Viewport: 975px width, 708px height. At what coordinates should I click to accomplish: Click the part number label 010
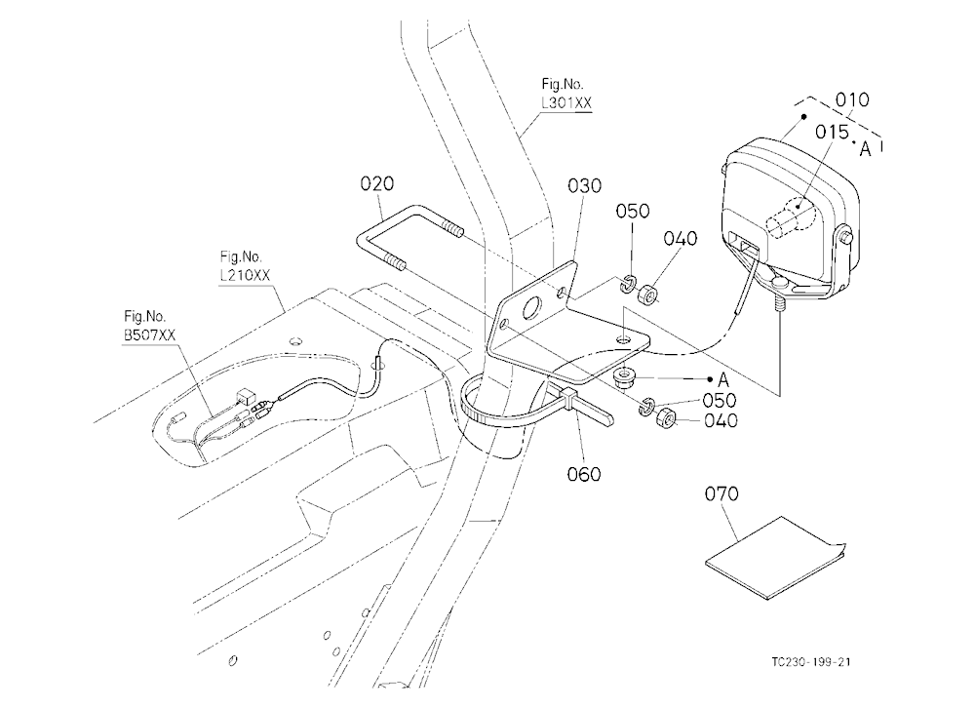[x=852, y=99]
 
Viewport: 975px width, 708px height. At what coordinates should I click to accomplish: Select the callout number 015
[x=832, y=132]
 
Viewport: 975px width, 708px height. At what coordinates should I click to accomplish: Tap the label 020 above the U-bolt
[x=376, y=183]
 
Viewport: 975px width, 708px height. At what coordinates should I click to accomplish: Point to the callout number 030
[x=584, y=185]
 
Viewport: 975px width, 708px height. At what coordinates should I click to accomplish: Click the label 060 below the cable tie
[x=584, y=474]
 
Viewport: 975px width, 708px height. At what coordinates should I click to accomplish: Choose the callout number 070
[x=721, y=494]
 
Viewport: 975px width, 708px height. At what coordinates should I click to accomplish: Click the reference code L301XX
[x=566, y=103]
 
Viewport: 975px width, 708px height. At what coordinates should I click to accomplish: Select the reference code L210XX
[x=245, y=276]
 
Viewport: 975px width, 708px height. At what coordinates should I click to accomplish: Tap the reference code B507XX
[x=149, y=335]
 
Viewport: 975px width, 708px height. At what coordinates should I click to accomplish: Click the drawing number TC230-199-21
[x=811, y=661]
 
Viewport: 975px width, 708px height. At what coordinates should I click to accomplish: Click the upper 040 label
[x=681, y=238]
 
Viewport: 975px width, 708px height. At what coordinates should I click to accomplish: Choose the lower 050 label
[x=720, y=400]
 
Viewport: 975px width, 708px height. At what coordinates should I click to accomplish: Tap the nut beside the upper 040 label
[x=648, y=294]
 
